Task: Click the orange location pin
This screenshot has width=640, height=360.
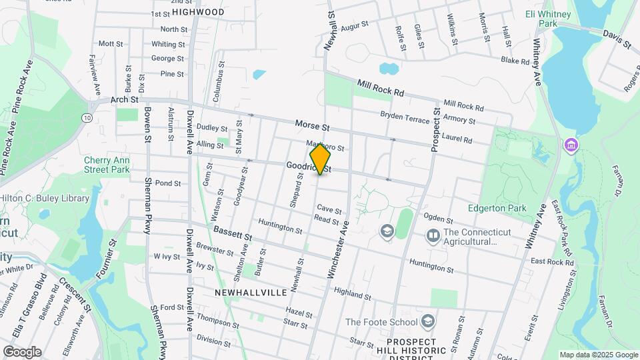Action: point(321,159)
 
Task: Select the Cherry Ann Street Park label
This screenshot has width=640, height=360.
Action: point(107,165)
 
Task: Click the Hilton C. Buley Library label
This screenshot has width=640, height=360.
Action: point(45,198)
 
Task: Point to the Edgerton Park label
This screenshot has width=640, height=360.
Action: point(497,208)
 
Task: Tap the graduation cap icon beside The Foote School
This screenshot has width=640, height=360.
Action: point(427,323)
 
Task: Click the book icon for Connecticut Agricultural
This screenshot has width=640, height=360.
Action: point(433,236)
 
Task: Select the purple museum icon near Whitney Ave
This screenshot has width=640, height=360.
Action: point(571,145)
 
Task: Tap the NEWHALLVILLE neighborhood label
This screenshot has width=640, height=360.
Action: point(251,292)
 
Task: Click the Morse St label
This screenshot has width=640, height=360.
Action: point(313,125)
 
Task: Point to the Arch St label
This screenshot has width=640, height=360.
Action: point(124,99)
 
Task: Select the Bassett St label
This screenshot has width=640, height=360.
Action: point(233,233)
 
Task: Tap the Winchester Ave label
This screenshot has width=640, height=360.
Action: point(338,251)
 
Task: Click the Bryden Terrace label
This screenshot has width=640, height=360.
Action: point(407,116)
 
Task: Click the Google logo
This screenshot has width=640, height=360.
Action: point(22,352)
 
